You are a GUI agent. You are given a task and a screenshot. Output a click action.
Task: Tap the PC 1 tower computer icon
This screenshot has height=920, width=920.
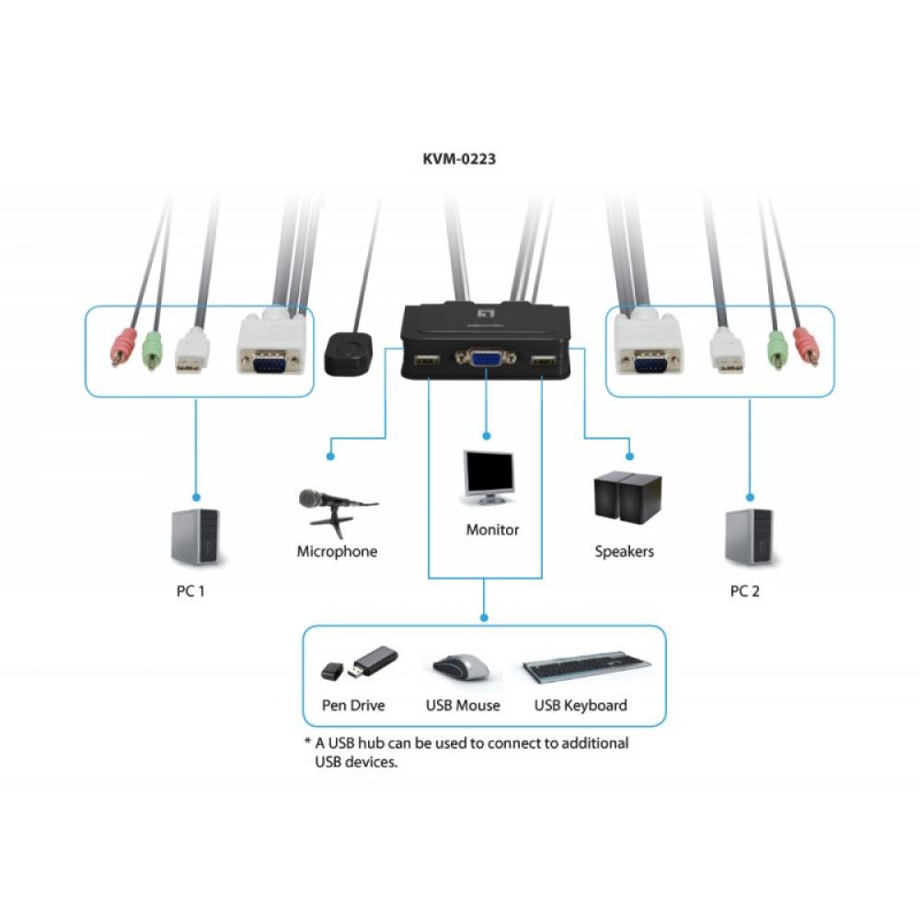pos(195,537)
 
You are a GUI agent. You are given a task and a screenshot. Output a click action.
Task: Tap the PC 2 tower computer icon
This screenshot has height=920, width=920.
pos(749,535)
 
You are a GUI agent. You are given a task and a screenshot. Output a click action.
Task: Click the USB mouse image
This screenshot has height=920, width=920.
pos(462,668)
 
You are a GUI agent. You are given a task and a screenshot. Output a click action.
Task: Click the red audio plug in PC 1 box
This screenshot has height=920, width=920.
pos(121,349)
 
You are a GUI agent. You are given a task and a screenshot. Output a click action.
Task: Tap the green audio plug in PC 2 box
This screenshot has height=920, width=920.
pos(777,349)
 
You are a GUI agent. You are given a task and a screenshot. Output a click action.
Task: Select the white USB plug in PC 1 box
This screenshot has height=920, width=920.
pos(192,351)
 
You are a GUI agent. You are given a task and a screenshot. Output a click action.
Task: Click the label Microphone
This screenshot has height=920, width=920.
pos(337,552)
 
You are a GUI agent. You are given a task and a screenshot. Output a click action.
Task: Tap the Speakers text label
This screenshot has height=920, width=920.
pos(624,552)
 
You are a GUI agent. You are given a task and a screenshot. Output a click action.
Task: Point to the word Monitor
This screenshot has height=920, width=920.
pos(492,530)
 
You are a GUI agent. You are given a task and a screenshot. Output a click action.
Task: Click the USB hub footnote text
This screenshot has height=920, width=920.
pos(469,753)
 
